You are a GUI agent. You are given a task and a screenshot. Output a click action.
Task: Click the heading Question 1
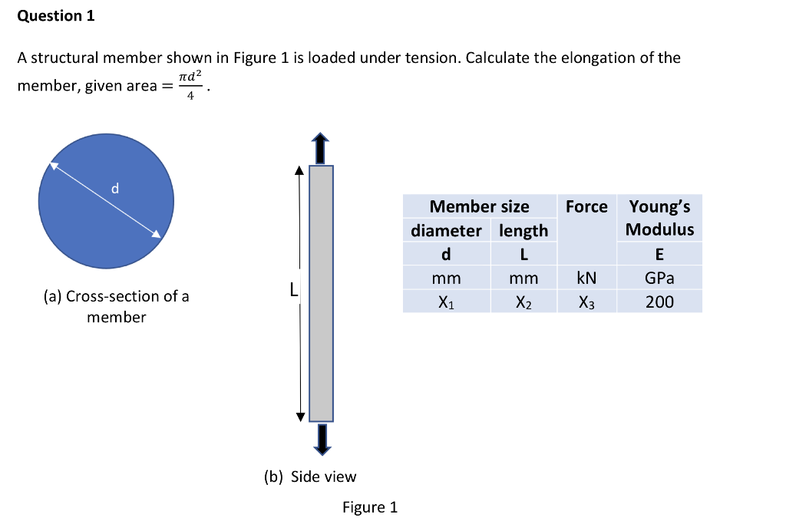coord(56,16)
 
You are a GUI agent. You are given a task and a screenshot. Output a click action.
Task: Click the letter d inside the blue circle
coord(115,188)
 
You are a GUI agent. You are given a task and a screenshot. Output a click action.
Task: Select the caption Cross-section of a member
coord(116,306)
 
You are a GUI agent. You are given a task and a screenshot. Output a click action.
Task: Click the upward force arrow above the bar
coord(321,147)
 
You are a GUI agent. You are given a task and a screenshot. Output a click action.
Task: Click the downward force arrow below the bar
coord(321,440)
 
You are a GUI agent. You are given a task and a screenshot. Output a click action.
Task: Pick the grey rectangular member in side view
coord(321,292)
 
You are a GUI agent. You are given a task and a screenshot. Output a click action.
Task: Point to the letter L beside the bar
coord(292,291)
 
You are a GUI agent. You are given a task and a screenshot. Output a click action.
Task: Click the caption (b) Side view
coord(310,476)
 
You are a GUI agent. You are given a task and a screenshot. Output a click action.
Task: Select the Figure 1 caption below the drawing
coord(370,507)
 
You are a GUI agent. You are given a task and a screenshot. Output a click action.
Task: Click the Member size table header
coord(479,206)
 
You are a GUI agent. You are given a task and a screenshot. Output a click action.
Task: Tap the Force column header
coord(586,206)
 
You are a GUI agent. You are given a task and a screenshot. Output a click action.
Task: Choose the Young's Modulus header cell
coord(659,218)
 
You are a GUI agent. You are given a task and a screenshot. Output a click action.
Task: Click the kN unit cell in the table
coord(586,278)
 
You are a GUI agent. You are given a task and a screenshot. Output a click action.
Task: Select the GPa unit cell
coord(659,278)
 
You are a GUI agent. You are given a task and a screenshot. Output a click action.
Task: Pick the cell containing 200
coord(659,302)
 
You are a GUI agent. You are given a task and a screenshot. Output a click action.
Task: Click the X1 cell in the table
coord(446,302)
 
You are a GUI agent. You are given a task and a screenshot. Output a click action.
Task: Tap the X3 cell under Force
coord(586,302)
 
